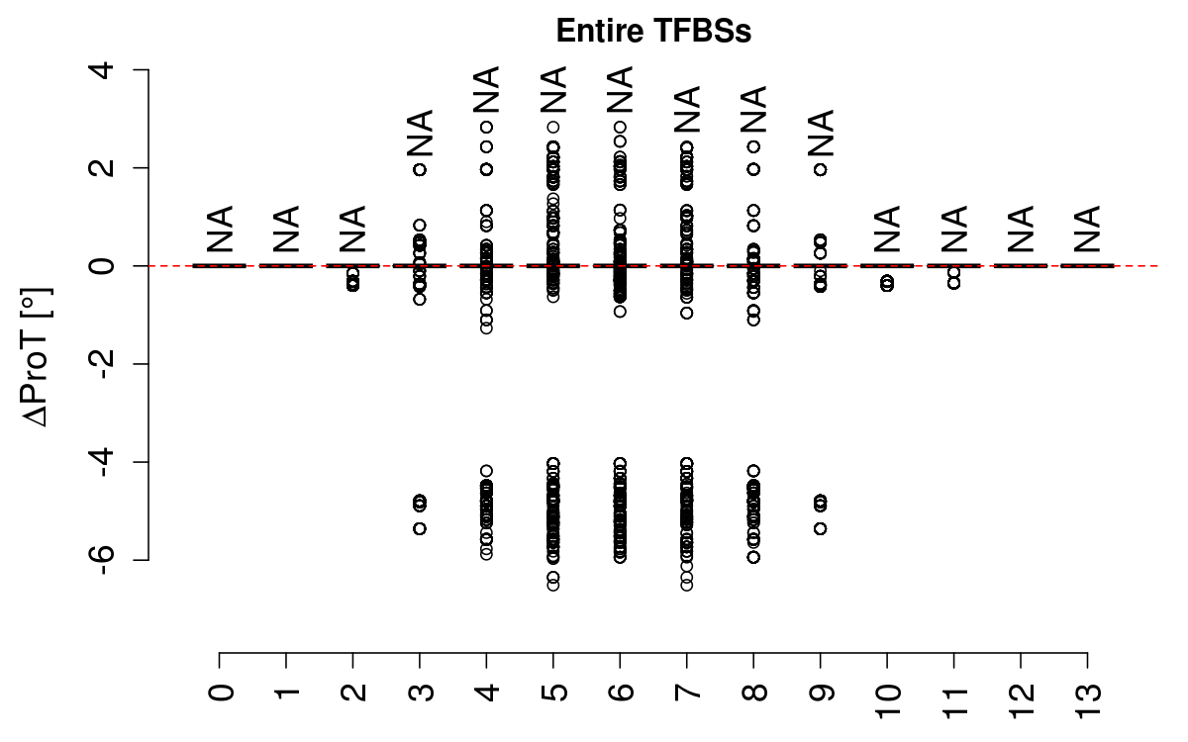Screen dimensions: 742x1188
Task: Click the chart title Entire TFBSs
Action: pyautogui.click(x=654, y=32)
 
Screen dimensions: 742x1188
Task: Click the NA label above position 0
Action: pyautogui.click(x=220, y=230)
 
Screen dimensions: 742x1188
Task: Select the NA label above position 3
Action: pyautogui.click(x=420, y=133)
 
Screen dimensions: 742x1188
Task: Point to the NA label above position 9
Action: pyautogui.click(x=821, y=133)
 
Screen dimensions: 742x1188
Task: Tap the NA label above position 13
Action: pyautogui.click(x=1088, y=230)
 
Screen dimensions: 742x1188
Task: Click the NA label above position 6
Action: pyautogui.click(x=621, y=89)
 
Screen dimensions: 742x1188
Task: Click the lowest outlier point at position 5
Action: pyautogui.click(x=553, y=585)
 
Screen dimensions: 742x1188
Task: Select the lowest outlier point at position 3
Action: pyautogui.click(x=420, y=528)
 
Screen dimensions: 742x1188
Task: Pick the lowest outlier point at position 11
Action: pyautogui.click(x=954, y=283)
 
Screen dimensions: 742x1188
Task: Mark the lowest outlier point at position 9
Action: pyautogui.click(x=821, y=528)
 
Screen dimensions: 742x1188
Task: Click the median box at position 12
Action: pyautogui.click(x=1021, y=265)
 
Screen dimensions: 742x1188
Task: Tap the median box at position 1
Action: pyautogui.click(x=286, y=265)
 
